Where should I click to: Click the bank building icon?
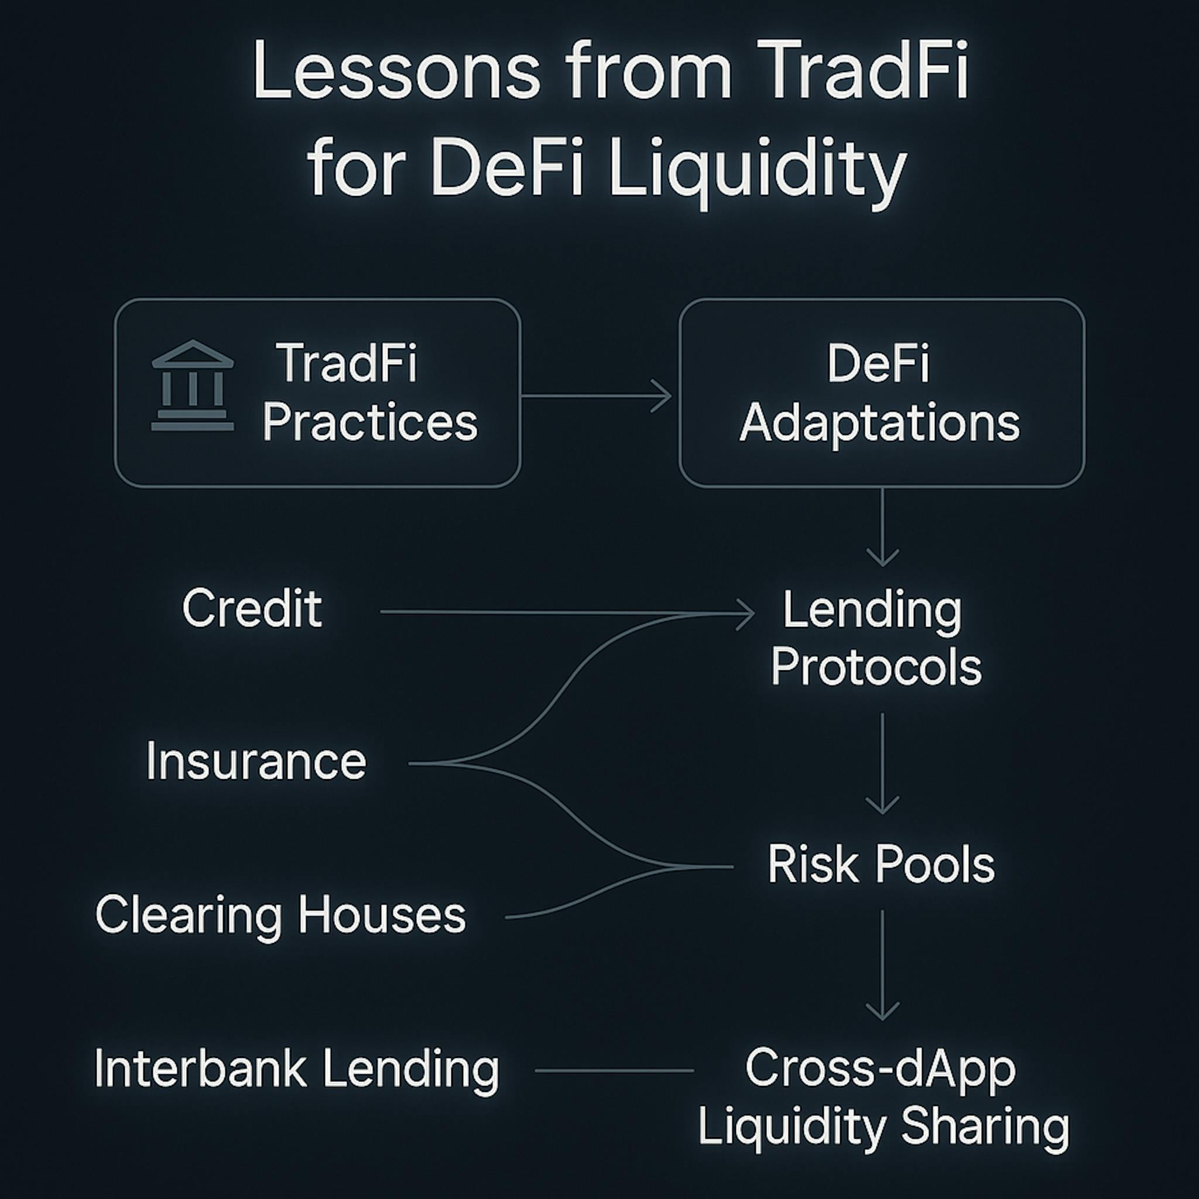click(x=193, y=385)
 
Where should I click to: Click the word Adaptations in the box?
click(x=879, y=423)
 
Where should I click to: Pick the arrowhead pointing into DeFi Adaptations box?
click(x=662, y=396)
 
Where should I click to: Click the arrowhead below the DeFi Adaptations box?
click(x=882, y=556)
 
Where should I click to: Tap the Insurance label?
click(x=256, y=761)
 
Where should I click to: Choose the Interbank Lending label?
click(x=297, y=1069)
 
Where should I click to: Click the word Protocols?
click(x=876, y=667)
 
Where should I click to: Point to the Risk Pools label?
click(x=881, y=864)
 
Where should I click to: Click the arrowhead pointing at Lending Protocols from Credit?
click(x=745, y=614)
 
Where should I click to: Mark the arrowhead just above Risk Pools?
click(x=882, y=803)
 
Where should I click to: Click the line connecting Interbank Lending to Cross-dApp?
click(x=614, y=1071)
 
